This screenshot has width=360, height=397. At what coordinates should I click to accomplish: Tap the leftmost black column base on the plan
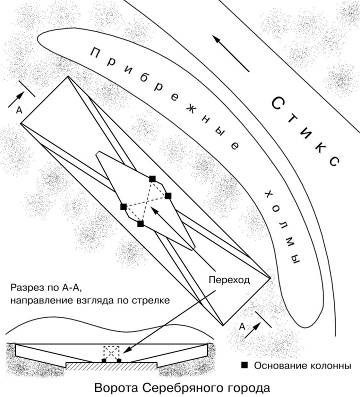click(x=123, y=206)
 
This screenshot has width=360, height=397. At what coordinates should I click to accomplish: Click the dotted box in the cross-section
click(x=111, y=352)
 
